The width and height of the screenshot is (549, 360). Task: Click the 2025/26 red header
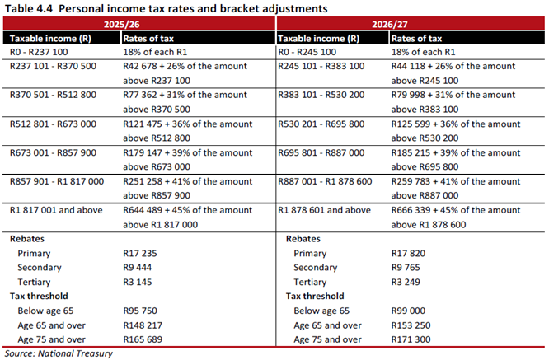click(121, 24)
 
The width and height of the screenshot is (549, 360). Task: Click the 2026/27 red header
click(390, 24)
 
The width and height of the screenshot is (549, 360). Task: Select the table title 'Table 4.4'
click(28, 8)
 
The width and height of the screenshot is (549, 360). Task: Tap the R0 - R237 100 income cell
click(39, 52)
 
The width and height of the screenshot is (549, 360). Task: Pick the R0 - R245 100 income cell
click(307, 52)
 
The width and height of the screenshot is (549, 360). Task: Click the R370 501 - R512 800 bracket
click(53, 95)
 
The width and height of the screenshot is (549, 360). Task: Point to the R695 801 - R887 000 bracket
click(321, 153)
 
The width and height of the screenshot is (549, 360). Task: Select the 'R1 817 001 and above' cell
click(56, 210)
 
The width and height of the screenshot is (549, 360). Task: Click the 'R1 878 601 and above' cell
click(324, 210)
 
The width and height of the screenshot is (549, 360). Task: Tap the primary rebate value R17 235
click(140, 253)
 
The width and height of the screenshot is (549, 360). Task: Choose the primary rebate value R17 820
click(408, 253)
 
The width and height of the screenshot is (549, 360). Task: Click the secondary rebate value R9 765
click(406, 268)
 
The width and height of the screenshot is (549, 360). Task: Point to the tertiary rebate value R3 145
click(137, 282)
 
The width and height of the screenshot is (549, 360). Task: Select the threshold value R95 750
click(140, 311)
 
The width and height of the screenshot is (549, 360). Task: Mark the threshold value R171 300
click(411, 339)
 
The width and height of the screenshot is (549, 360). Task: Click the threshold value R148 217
click(143, 325)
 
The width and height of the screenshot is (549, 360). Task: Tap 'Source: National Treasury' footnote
click(59, 353)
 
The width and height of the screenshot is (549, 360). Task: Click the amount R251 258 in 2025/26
click(143, 181)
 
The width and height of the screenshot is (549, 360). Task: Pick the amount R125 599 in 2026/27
click(411, 124)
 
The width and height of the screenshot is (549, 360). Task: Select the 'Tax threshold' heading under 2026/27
click(315, 297)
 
